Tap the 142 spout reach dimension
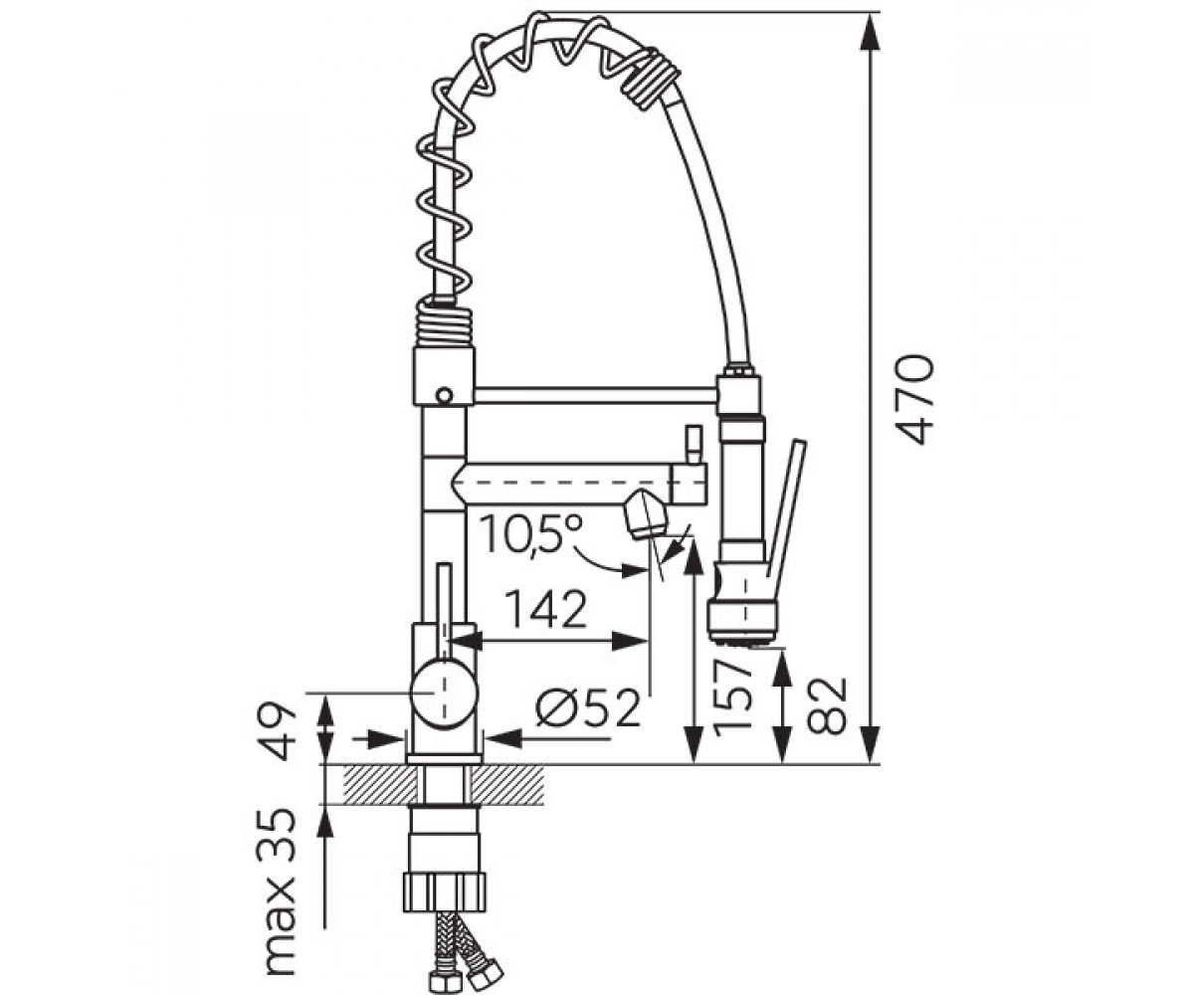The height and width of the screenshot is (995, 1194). coord(547,609)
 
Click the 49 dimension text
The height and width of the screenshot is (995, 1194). coord(278,732)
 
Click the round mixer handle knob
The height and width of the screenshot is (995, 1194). coord(443,693)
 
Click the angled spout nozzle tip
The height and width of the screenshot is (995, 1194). coord(647,514)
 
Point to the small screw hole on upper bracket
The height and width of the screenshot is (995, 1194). coord(443,395)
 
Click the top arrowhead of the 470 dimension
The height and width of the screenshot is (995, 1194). coord(871,34)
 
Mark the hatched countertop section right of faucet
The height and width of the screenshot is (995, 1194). coord(506,785)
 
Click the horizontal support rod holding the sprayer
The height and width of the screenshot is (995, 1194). coord(596,396)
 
